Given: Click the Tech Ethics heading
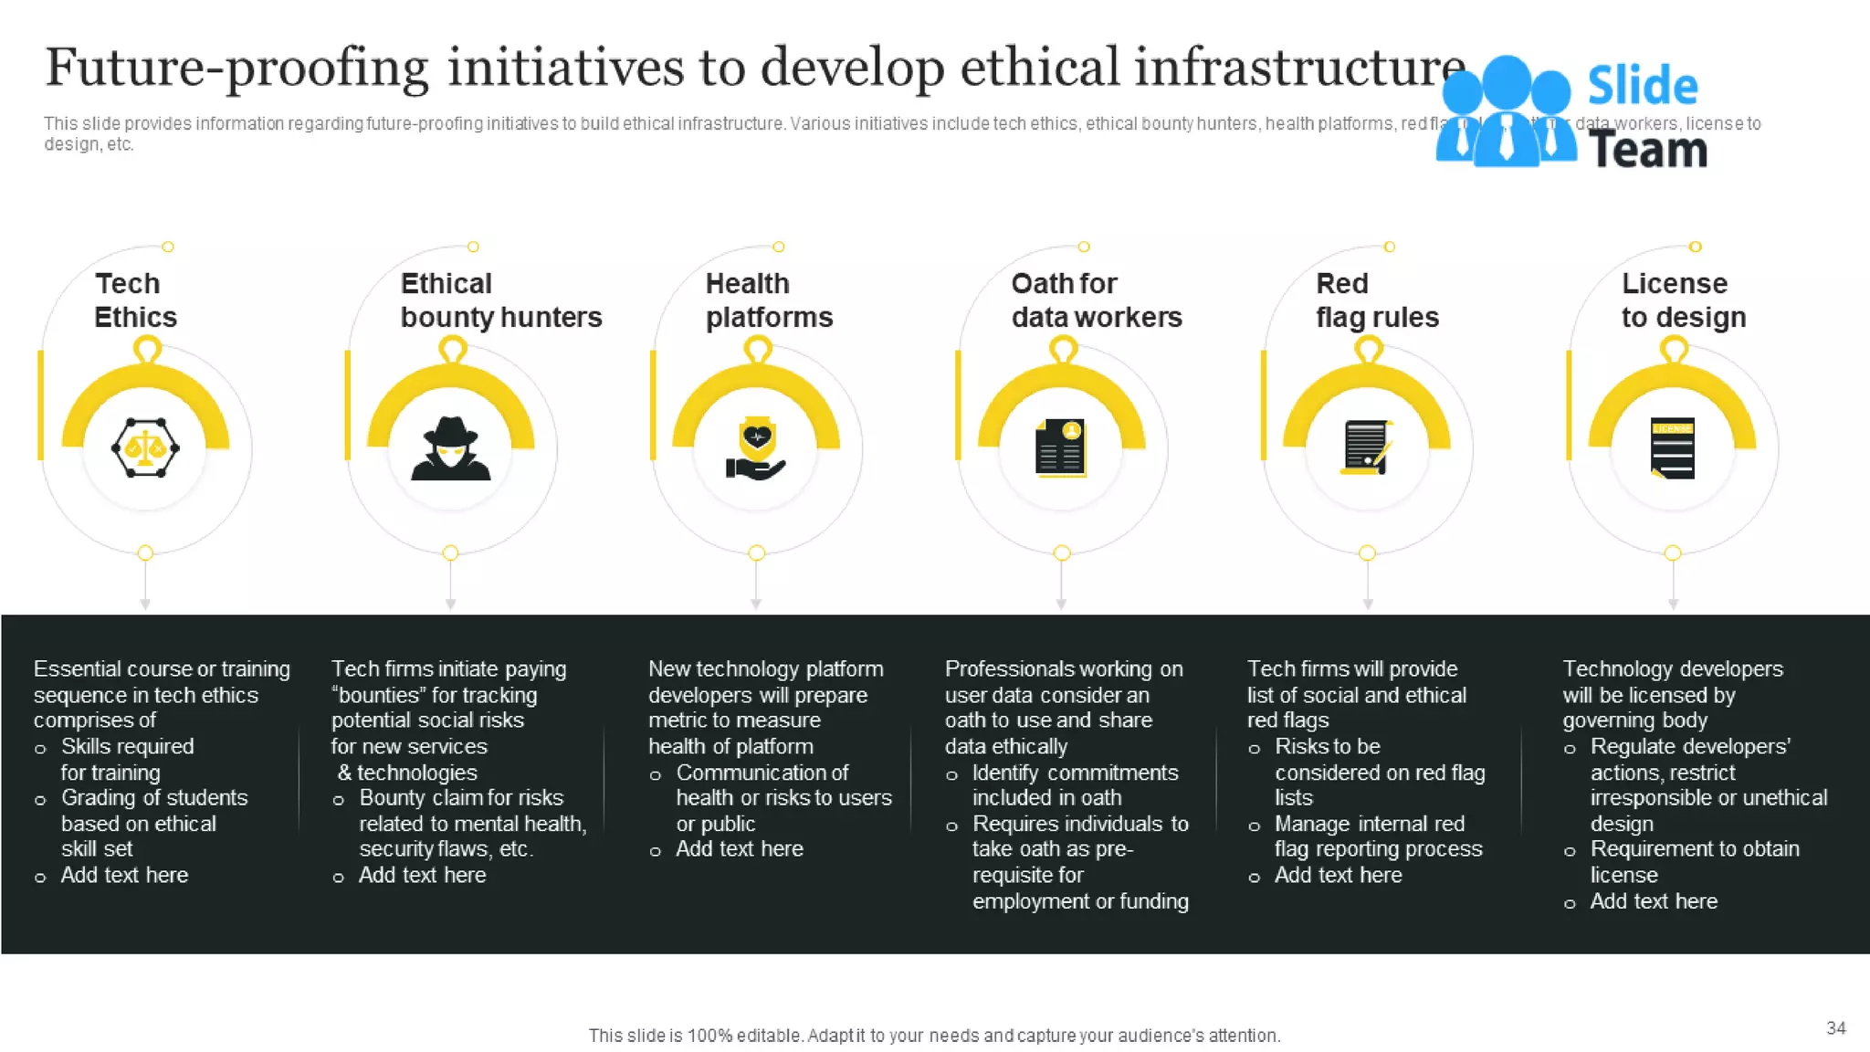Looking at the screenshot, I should pos(135,300).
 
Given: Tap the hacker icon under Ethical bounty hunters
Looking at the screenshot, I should pos(451,449).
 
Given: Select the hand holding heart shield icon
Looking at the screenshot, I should pos(756,450).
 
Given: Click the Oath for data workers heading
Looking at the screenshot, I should pos(1096,300).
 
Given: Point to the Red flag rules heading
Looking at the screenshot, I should pos(1376,300).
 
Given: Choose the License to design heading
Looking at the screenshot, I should pos(1683,300).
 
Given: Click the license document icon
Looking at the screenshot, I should pos(1673,448).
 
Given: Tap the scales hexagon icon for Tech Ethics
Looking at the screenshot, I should pos(145,448).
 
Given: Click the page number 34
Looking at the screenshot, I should pos(1835,1028).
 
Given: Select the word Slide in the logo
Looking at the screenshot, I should pos(1642,87).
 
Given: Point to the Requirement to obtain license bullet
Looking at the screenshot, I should pos(1694,861).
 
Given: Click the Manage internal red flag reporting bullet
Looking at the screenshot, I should pos(1377,836).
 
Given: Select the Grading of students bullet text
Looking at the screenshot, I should pos(153,823).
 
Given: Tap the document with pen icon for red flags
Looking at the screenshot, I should pos(1367,448).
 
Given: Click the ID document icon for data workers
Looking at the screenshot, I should pos(1061,448).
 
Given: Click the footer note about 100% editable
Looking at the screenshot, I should pos(934,1036).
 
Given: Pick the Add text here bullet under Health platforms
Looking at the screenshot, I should pos(739,849).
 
